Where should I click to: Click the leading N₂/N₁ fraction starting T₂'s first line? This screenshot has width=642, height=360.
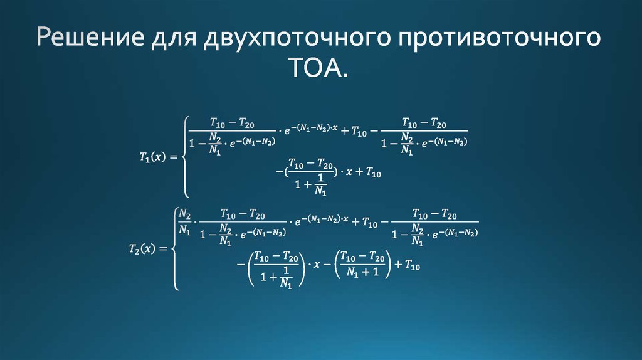[185, 221]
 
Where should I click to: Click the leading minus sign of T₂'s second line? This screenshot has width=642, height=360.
[240, 265]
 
